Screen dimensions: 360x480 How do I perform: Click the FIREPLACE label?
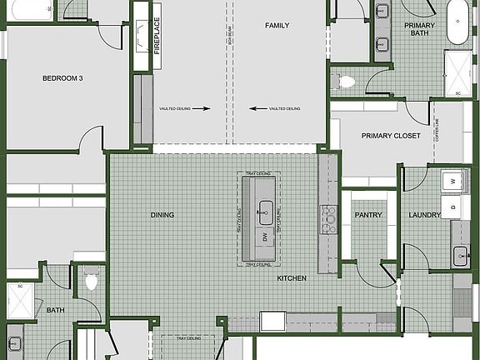click(x=156, y=35)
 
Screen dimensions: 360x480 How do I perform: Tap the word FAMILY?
click(x=277, y=26)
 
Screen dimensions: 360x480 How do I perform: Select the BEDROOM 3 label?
click(x=62, y=78)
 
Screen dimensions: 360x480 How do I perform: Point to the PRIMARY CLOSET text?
click(x=390, y=136)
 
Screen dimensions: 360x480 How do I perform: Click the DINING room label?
click(x=162, y=215)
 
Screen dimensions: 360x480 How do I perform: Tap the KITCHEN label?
click(x=292, y=278)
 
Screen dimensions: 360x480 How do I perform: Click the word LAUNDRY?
click(x=424, y=215)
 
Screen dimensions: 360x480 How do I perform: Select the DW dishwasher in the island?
click(x=265, y=237)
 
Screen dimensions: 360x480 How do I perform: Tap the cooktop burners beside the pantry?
click(x=328, y=219)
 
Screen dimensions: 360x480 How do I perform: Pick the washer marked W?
click(x=454, y=180)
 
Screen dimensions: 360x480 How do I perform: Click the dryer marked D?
click(x=454, y=206)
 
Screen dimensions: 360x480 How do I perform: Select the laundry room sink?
click(x=461, y=256)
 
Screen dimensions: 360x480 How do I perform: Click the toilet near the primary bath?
click(x=345, y=82)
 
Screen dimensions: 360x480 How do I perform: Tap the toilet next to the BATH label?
click(x=92, y=281)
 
